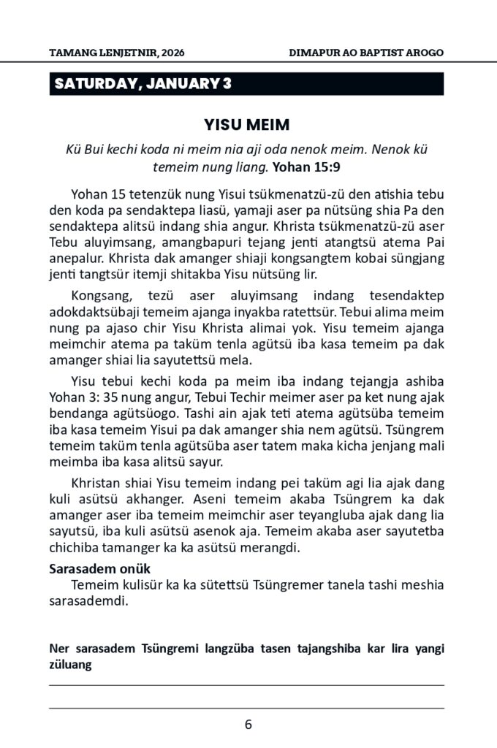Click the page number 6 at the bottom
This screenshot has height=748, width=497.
pos(248,725)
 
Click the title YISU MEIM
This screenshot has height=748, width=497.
pos(248,125)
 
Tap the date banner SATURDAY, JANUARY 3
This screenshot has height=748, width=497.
pos(143,83)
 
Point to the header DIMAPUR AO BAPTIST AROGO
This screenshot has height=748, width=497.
pos(366,53)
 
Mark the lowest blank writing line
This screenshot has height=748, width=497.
pos(247,708)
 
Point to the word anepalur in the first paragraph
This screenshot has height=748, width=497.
pos(73,259)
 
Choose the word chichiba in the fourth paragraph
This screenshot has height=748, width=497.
pos(72,549)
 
